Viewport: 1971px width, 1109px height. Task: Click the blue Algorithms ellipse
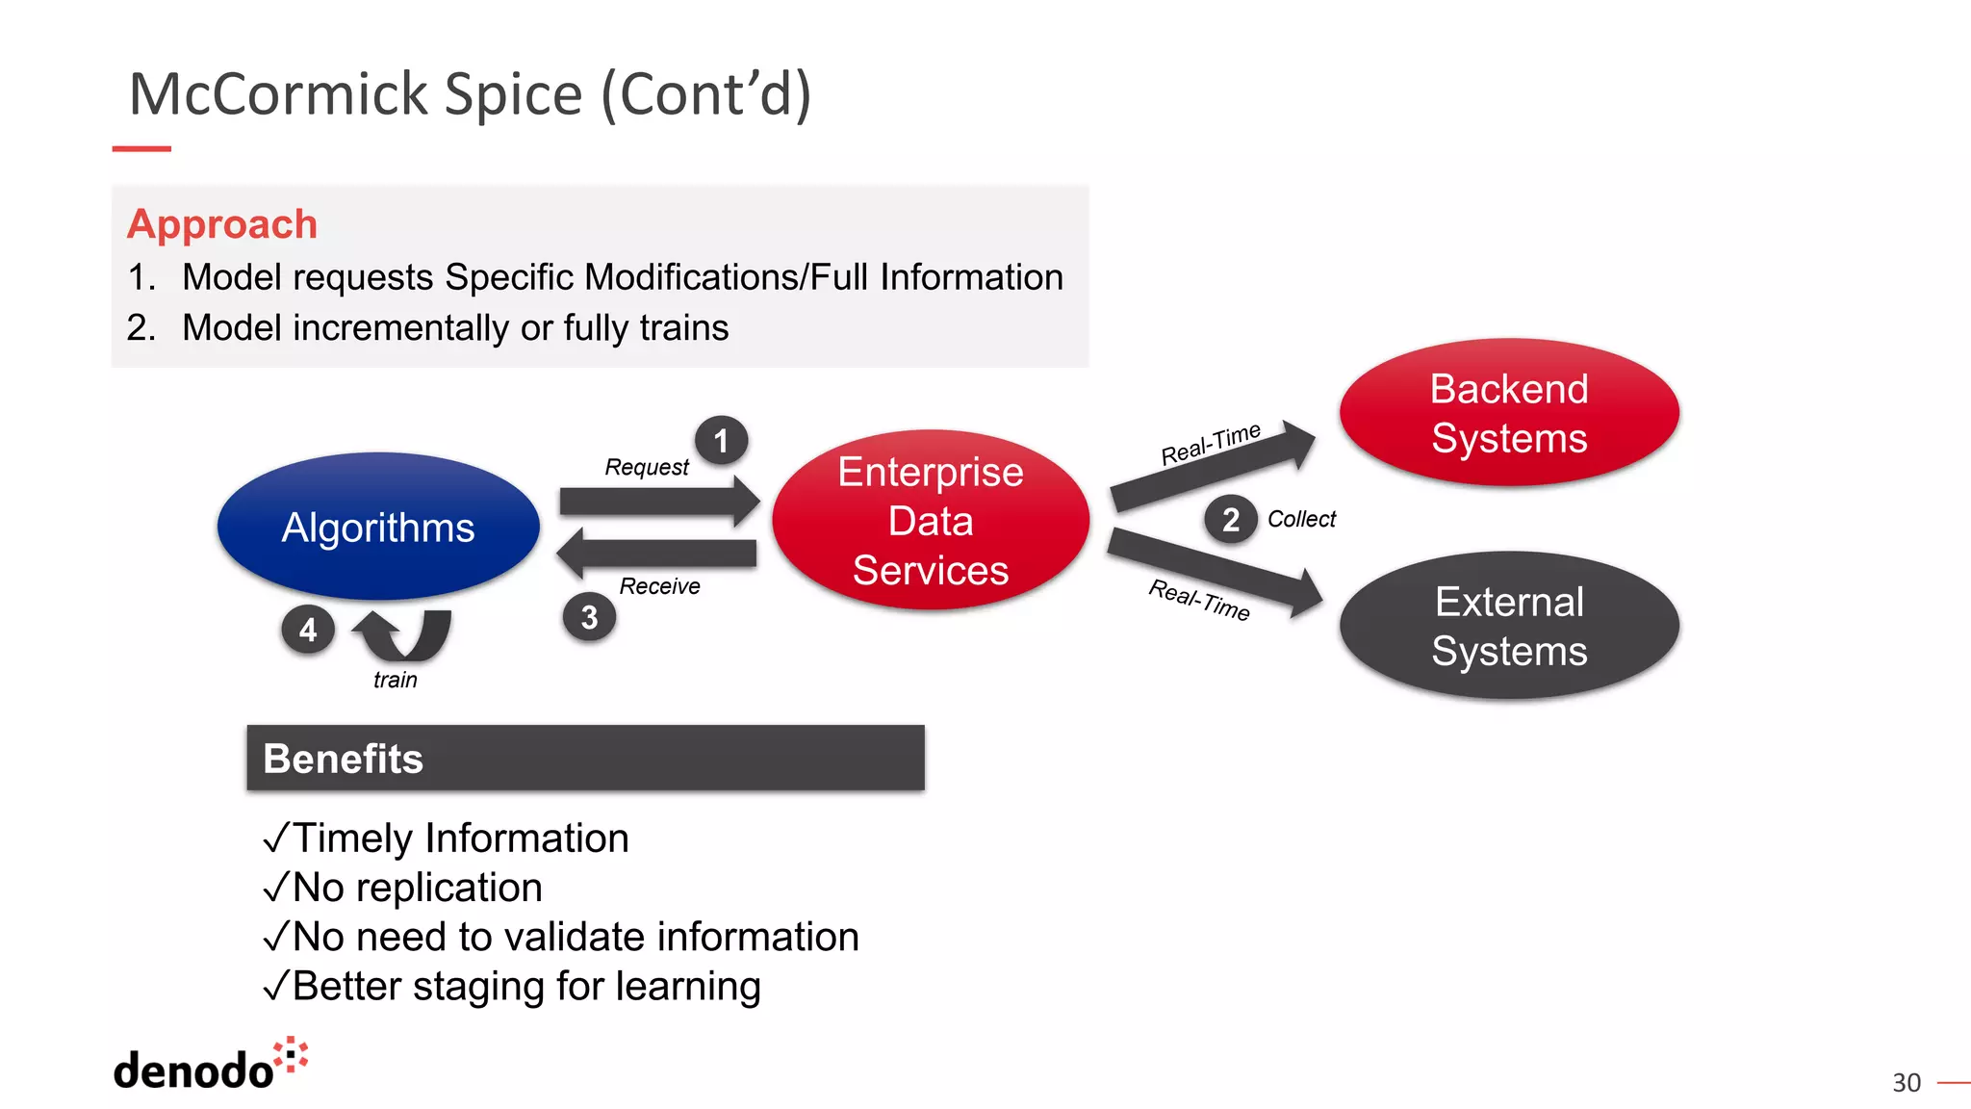(378, 527)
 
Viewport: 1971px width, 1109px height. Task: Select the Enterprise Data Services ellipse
(931, 520)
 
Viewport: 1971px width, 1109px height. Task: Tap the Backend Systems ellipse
(1508, 413)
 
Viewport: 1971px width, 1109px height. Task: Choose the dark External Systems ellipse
(1508, 626)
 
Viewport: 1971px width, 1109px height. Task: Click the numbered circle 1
(721, 441)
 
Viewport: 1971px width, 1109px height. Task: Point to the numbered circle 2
(1230, 520)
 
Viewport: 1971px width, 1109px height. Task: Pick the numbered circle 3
(589, 617)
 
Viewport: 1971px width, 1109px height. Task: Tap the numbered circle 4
(308, 630)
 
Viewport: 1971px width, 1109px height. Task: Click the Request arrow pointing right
(659, 501)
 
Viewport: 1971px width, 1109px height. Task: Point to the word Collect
(1301, 519)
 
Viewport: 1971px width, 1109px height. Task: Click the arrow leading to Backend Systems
(1213, 467)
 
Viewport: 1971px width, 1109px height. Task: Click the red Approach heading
(222, 224)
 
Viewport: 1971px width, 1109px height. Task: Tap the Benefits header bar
(585, 759)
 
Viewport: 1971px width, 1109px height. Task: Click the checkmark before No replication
(275, 888)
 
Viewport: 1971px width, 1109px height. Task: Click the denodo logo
(210, 1066)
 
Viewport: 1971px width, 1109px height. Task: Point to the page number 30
(1906, 1083)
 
